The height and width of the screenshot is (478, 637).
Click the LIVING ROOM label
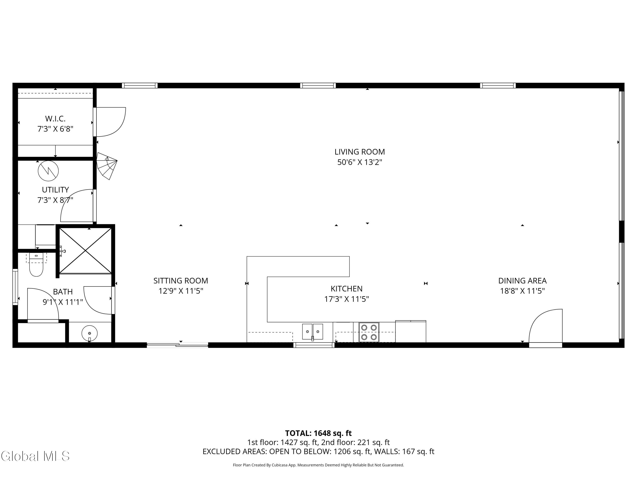[359, 152]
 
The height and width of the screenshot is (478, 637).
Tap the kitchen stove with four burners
[369, 332]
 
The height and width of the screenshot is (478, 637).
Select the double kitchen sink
[313, 332]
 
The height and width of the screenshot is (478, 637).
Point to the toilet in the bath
[36, 264]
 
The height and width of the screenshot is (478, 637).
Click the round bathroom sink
[90, 333]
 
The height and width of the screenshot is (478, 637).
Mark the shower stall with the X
[86, 251]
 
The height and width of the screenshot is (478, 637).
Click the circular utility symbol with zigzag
[48, 171]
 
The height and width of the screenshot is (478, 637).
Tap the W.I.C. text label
[55, 118]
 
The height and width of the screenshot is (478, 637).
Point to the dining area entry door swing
[546, 326]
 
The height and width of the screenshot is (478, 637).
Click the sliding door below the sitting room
[177, 345]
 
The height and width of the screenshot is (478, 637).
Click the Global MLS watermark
[35, 456]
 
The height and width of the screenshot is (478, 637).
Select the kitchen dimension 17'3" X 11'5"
[347, 299]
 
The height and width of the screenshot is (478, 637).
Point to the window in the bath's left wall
[15, 287]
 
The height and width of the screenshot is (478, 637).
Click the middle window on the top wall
[318, 85]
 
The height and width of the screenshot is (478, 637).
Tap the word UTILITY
[55, 190]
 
